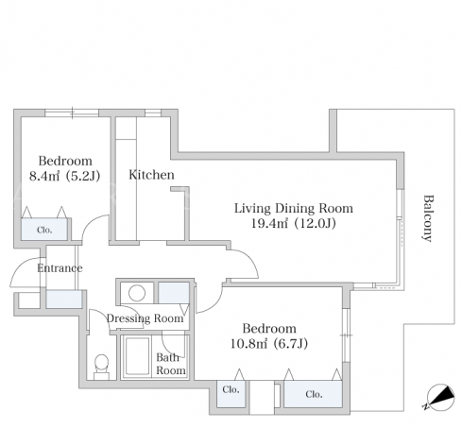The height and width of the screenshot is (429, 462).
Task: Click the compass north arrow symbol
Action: (x=440, y=398)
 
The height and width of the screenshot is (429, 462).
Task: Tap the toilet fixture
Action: (x=101, y=367)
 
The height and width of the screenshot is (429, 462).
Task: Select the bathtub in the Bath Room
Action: (x=137, y=356)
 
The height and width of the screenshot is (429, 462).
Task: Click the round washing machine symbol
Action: (x=137, y=293)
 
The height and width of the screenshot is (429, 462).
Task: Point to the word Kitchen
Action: (x=151, y=175)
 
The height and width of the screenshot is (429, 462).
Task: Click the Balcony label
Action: (x=428, y=218)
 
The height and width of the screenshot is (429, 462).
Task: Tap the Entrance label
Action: (x=60, y=268)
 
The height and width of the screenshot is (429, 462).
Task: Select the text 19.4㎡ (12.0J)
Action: (x=293, y=223)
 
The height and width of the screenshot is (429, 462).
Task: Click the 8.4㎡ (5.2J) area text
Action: (x=64, y=176)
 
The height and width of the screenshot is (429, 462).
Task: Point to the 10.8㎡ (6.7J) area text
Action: (x=269, y=343)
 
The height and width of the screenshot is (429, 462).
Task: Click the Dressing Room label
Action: (x=145, y=318)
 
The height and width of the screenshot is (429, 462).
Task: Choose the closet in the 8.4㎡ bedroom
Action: (x=44, y=229)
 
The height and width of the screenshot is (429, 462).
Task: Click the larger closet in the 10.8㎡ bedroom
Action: (x=313, y=394)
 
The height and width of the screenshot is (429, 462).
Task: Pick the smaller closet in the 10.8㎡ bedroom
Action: (x=231, y=394)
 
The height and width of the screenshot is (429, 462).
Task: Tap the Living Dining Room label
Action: (x=294, y=208)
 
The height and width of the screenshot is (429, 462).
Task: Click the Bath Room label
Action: (x=171, y=364)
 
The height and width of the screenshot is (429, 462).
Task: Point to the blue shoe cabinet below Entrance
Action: (x=64, y=300)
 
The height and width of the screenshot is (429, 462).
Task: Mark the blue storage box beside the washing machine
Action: (x=174, y=293)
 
